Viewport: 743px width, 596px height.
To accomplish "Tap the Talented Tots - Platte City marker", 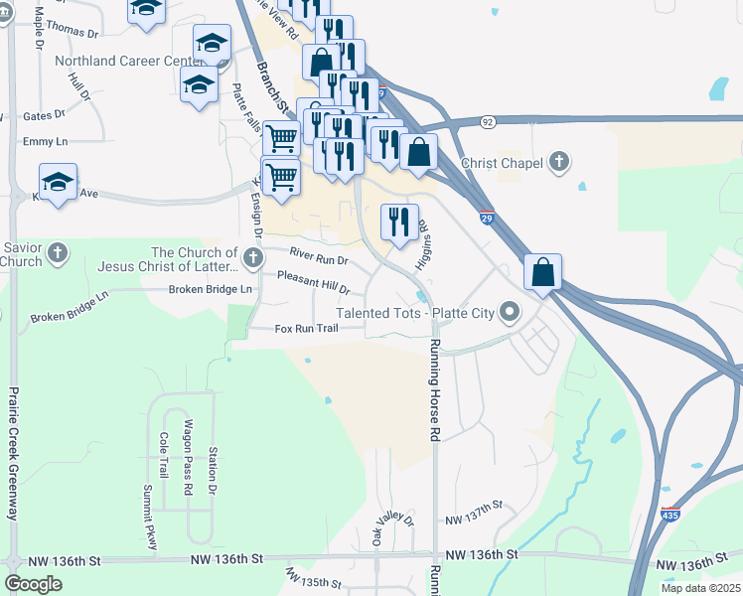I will (x=511, y=313).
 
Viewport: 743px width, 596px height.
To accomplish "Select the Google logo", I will (x=33, y=584).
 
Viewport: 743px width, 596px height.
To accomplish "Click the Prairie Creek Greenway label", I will (x=14, y=453).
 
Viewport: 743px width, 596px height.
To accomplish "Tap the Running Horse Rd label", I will (x=434, y=390).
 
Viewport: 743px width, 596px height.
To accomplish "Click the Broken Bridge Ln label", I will (x=211, y=289).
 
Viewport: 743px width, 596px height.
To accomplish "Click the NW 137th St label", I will (x=475, y=521).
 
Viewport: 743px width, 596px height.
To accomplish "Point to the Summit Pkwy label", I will (x=150, y=518).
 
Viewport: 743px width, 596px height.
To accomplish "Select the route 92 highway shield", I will (x=487, y=121).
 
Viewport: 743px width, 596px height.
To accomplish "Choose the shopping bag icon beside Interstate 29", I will (x=543, y=271).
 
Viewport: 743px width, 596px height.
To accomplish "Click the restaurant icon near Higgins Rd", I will (x=399, y=222).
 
